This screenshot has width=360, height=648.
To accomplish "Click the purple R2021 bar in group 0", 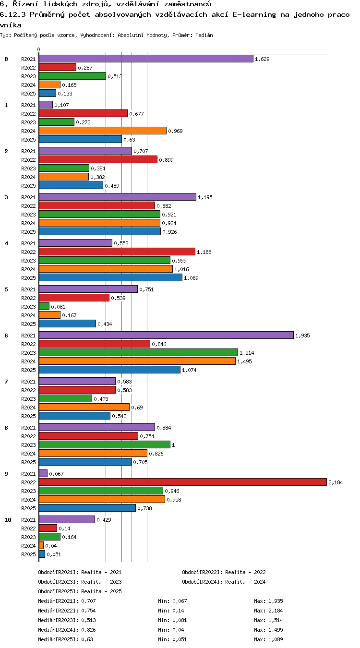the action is [146, 59].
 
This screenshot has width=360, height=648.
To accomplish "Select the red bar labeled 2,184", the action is [183, 482].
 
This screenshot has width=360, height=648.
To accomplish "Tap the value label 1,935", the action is [302, 336].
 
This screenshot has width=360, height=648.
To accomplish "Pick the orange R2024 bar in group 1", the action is [103, 131].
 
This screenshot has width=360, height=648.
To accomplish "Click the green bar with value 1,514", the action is [138, 352].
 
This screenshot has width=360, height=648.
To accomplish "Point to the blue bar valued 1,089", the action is [110, 278].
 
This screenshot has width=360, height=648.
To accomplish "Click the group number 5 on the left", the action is [6, 289].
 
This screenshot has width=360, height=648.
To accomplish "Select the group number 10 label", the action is [8, 520].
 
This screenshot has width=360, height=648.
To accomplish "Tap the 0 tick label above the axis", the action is [39, 49].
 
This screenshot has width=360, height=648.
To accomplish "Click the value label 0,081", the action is [58, 307].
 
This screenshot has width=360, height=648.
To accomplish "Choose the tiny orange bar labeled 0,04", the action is [41, 546].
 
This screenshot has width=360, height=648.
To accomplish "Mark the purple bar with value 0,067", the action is [43, 473].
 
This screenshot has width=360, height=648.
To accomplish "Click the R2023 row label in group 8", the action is [28, 445].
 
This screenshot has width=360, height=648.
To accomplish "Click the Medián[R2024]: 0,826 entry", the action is [67, 630].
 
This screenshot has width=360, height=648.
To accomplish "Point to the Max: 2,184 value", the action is [268, 611].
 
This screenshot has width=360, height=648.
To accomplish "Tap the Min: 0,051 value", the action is [172, 639].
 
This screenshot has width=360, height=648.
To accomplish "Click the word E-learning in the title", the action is [254, 14].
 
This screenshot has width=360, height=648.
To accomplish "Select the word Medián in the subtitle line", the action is [204, 35].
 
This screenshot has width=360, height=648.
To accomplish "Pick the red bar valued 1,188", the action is [117, 252].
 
